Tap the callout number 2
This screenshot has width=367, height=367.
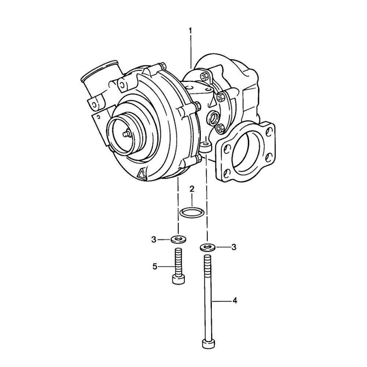click(192, 189)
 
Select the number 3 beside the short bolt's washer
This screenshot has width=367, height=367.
click(154, 240)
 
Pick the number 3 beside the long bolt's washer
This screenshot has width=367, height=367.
click(233, 247)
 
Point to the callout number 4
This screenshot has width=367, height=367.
click(235, 301)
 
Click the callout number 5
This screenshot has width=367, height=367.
click(155, 266)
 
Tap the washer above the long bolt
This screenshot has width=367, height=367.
click(208, 247)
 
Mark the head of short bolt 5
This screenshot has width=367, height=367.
click(178, 279)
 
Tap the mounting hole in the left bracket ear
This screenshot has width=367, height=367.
click(94, 105)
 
